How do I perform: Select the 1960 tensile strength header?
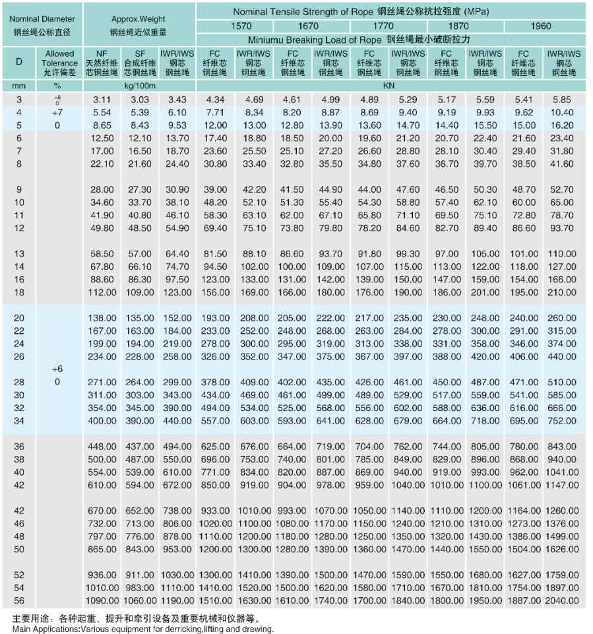click(x=540, y=26)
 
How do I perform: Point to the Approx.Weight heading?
click(x=139, y=19)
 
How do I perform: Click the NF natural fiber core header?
click(x=102, y=63)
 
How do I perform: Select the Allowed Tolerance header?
click(x=60, y=63)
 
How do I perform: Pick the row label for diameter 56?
click(x=19, y=600)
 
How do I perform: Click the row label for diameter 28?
click(x=19, y=382)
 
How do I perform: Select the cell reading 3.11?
click(x=103, y=100)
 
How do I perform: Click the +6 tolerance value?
click(x=57, y=369)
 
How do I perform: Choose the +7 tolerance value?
click(x=57, y=113)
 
